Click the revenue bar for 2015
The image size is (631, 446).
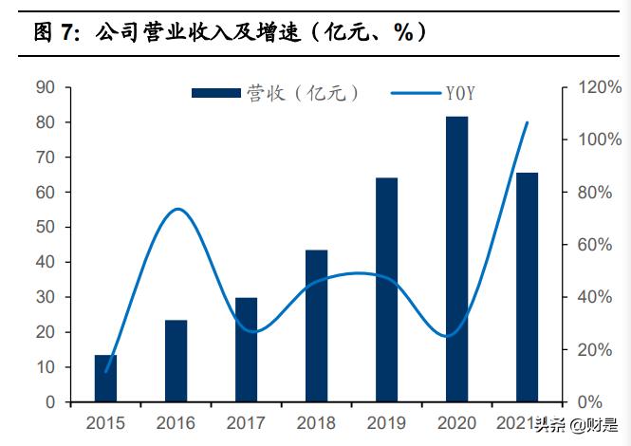(106, 379)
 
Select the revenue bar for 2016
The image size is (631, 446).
(176, 362)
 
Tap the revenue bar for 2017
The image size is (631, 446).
(247, 350)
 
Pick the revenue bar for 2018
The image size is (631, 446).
(317, 326)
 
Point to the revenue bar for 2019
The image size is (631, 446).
(387, 290)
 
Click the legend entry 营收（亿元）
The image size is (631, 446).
(275, 93)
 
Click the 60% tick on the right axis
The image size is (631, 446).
(594, 245)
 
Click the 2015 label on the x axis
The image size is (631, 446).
(106, 422)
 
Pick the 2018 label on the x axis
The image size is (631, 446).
(317, 422)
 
